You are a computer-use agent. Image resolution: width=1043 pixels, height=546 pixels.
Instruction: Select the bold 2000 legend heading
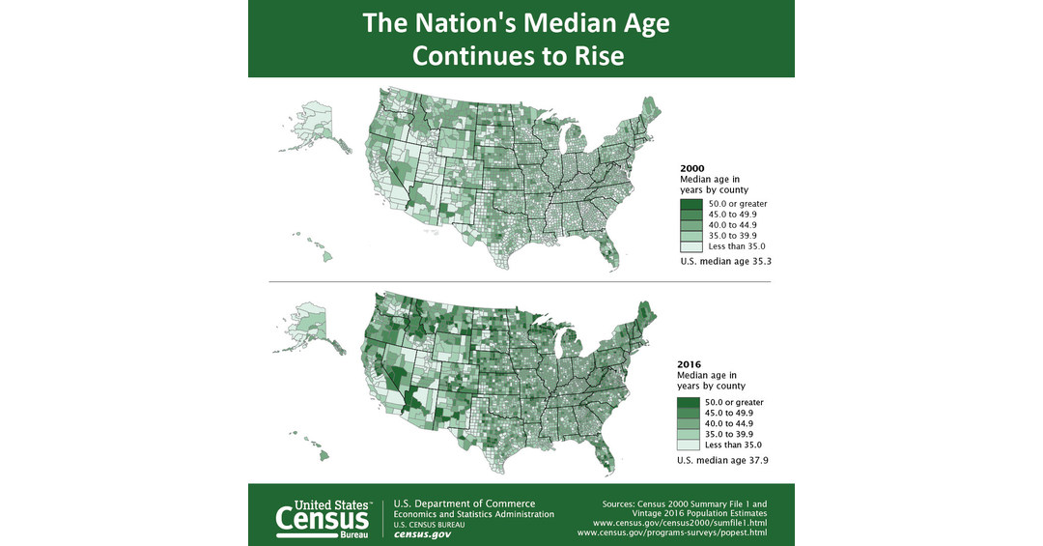691,168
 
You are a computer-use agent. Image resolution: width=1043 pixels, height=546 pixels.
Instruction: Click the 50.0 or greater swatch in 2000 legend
690,204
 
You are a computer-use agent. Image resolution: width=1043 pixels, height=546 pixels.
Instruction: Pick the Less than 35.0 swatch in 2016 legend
689,445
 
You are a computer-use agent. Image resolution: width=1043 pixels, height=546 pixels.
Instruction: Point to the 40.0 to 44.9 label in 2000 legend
735,225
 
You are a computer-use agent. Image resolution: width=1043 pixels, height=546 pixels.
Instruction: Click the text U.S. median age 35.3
723,261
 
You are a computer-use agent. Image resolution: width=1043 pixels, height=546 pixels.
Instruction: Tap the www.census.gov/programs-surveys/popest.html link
672,532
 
